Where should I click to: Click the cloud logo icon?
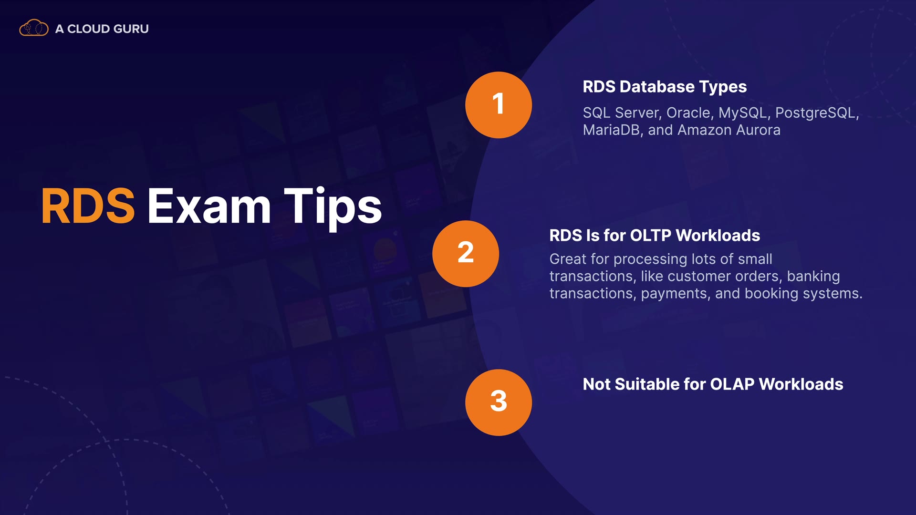[x=33, y=28]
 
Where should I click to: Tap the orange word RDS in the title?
[x=88, y=206]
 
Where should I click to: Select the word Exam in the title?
[x=209, y=206]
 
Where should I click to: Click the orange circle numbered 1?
[x=499, y=105]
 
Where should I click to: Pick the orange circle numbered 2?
[x=466, y=254]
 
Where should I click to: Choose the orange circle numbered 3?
[x=499, y=402]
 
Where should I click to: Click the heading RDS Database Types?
[x=665, y=87]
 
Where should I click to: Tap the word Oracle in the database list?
[x=690, y=113]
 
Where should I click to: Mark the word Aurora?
[x=758, y=130]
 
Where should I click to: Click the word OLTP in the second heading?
[x=651, y=236]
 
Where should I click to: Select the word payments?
[x=674, y=294]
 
